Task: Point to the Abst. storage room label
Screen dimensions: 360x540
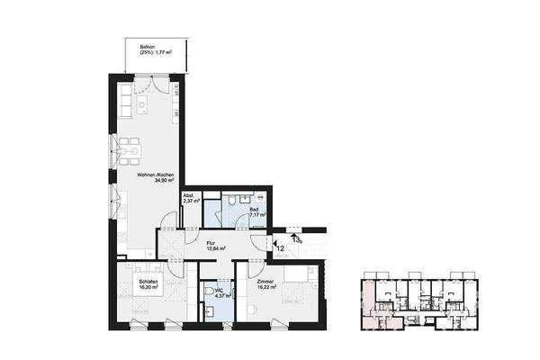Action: click(x=189, y=195)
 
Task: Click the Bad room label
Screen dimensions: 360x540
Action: click(x=254, y=209)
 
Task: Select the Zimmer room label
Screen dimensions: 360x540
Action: click(x=265, y=281)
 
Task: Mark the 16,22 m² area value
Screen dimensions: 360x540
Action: click(x=267, y=287)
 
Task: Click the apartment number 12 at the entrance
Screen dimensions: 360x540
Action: click(x=280, y=246)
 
